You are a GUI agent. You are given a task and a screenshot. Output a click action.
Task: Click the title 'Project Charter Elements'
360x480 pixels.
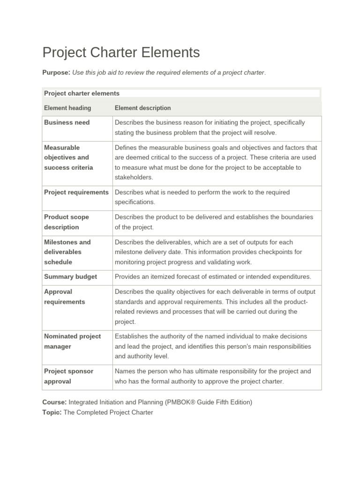click(121, 52)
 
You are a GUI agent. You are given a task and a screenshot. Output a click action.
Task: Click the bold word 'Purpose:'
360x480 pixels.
click(56, 72)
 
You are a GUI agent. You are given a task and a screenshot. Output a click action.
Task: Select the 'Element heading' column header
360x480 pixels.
click(67, 108)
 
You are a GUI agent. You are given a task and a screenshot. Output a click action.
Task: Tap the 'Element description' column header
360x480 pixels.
click(142, 108)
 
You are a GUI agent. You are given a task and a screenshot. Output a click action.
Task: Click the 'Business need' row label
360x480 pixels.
click(67, 122)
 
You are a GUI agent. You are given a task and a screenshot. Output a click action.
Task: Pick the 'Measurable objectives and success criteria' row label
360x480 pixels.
click(68, 157)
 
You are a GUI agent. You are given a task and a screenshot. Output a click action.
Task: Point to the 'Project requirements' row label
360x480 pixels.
click(76, 192)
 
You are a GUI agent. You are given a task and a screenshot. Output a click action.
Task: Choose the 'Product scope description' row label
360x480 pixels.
click(66, 222)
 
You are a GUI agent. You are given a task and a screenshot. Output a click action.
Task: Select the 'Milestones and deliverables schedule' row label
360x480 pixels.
click(67, 252)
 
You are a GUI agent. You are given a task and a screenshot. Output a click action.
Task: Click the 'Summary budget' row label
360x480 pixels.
click(70, 277)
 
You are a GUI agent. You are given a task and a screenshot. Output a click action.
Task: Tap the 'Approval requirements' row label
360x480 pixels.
click(65, 297)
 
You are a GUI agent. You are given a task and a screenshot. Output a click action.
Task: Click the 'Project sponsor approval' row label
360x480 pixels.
click(68, 376)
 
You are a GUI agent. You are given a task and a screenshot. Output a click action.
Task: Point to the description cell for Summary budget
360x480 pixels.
click(213, 277)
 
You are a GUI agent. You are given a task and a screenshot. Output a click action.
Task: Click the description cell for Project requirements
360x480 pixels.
click(202, 197)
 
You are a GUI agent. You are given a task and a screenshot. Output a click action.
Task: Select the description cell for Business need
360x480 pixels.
click(210, 127)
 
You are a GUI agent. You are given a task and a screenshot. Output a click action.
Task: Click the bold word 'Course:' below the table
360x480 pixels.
click(54, 403)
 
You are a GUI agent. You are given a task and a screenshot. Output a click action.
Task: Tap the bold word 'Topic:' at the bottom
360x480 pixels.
click(52, 412)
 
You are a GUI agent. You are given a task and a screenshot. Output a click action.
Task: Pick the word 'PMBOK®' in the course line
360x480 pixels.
click(186, 403)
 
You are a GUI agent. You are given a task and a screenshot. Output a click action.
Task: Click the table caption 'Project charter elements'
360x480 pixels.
click(82, 93)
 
